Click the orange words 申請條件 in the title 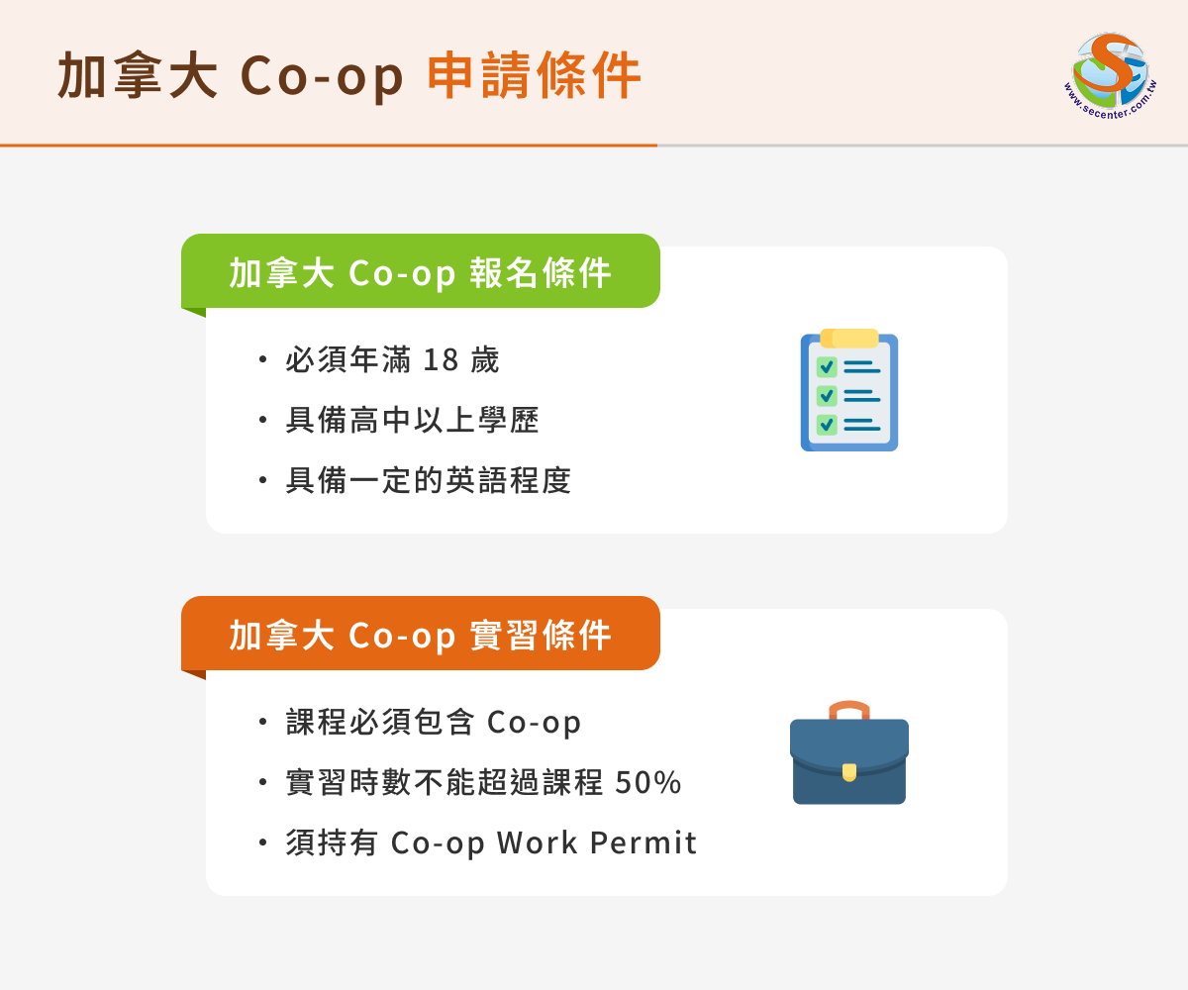click(535, 75)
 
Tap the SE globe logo click(1110, 75)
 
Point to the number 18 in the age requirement click(441, 360)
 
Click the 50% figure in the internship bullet click(648, 782)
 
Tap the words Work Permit click(597, 842)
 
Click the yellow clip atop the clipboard click(848, 338)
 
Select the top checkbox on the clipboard click(827, 367)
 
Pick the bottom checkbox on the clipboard click(827, 425)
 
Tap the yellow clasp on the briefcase click(848, 772)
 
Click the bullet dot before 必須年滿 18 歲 click(262, 359)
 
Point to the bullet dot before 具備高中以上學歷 click(262, 420)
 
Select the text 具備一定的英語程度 click(429, 480)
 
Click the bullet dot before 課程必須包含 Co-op click(262, 722)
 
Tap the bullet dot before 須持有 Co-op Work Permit click(262, 842)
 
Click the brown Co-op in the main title click(322, 77)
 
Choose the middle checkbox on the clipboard click(827, 395)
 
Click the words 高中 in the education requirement click(380, 421)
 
